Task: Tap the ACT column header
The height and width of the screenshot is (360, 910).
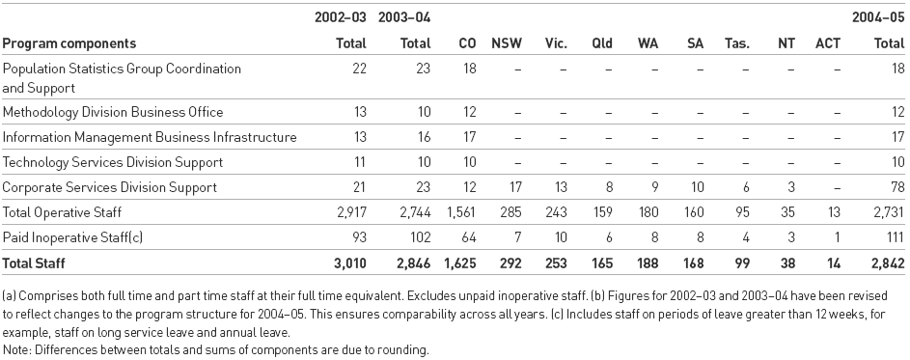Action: [828, 43]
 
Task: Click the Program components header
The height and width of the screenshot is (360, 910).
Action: [69, 43]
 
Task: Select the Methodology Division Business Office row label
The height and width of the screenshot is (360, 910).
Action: [113, 113]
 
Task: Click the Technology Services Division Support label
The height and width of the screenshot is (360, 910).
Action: [113, 162]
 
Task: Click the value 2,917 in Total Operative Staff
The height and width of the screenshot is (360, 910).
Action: [347, 212]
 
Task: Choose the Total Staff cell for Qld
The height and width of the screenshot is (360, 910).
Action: [602, 262]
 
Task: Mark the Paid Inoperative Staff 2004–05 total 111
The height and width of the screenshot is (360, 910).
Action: [894, 236]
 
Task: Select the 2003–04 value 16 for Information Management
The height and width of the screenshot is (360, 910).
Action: [422, 138]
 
